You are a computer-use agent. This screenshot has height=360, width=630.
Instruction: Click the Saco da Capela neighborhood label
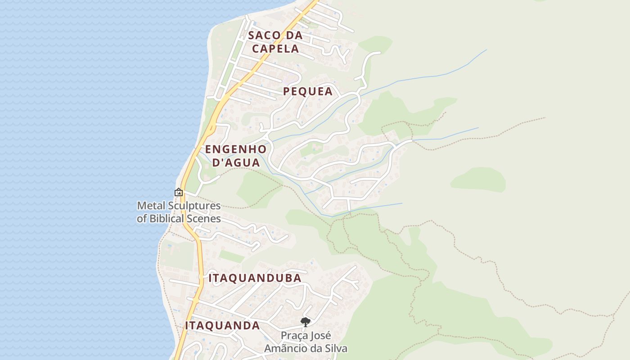(x=275, y=42)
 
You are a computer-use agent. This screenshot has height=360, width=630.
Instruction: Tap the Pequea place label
(x=308, y=91)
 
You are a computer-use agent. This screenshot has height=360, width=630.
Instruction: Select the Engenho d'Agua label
(x=236, y=156)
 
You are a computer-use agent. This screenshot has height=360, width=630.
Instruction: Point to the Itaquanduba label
(x=255, y=278)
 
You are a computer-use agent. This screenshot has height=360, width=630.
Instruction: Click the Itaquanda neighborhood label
(x=222, y=325)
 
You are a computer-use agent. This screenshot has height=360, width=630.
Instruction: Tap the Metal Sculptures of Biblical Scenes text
(x=179, y=212)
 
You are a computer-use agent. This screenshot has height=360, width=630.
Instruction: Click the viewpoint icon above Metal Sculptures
(x=179, y=193)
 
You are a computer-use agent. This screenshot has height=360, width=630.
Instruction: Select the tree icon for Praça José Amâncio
(x=306, y=322)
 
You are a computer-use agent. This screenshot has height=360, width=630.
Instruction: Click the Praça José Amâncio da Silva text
(x=306, y=342)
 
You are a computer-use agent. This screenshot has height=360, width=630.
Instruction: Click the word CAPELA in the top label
(x=275, y=49)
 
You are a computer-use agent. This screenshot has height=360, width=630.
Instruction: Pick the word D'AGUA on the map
(x=236, y=162)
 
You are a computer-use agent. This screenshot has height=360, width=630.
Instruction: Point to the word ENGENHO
(x=236, y=149)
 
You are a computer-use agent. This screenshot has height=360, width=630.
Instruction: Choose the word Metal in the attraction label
(x=148, y=206)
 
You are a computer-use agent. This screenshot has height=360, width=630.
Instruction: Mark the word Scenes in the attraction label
(x=205, y=219)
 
